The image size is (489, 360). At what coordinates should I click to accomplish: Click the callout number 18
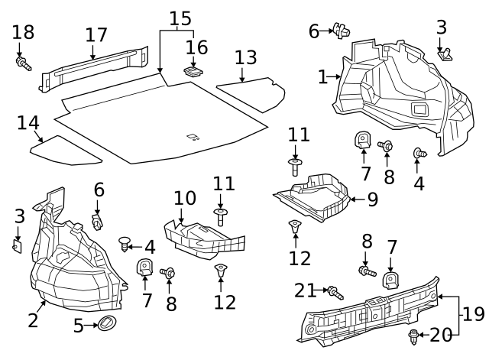click(x=24, y=32)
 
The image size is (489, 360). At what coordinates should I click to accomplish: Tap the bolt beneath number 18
click(x=23, y=63)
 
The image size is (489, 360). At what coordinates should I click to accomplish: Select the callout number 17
click(x=96, y=35)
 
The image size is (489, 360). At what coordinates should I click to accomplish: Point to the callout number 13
click(x=245, y=57)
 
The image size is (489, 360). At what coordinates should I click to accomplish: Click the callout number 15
click(x=180, y=17)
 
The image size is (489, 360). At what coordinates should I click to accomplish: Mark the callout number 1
click(x=322, y=76)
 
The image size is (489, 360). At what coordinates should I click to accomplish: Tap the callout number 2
click(x=33, y=319)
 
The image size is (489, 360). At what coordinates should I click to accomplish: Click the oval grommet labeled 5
click(x=105, y=324)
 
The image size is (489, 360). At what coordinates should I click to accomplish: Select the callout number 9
click(x=372, y=200)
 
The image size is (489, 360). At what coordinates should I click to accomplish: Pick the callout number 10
click(x=185, y=198)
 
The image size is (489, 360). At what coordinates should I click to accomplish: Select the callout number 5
click(x=79, y=326)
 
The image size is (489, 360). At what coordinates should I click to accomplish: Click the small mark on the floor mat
click(x=193, y=138)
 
